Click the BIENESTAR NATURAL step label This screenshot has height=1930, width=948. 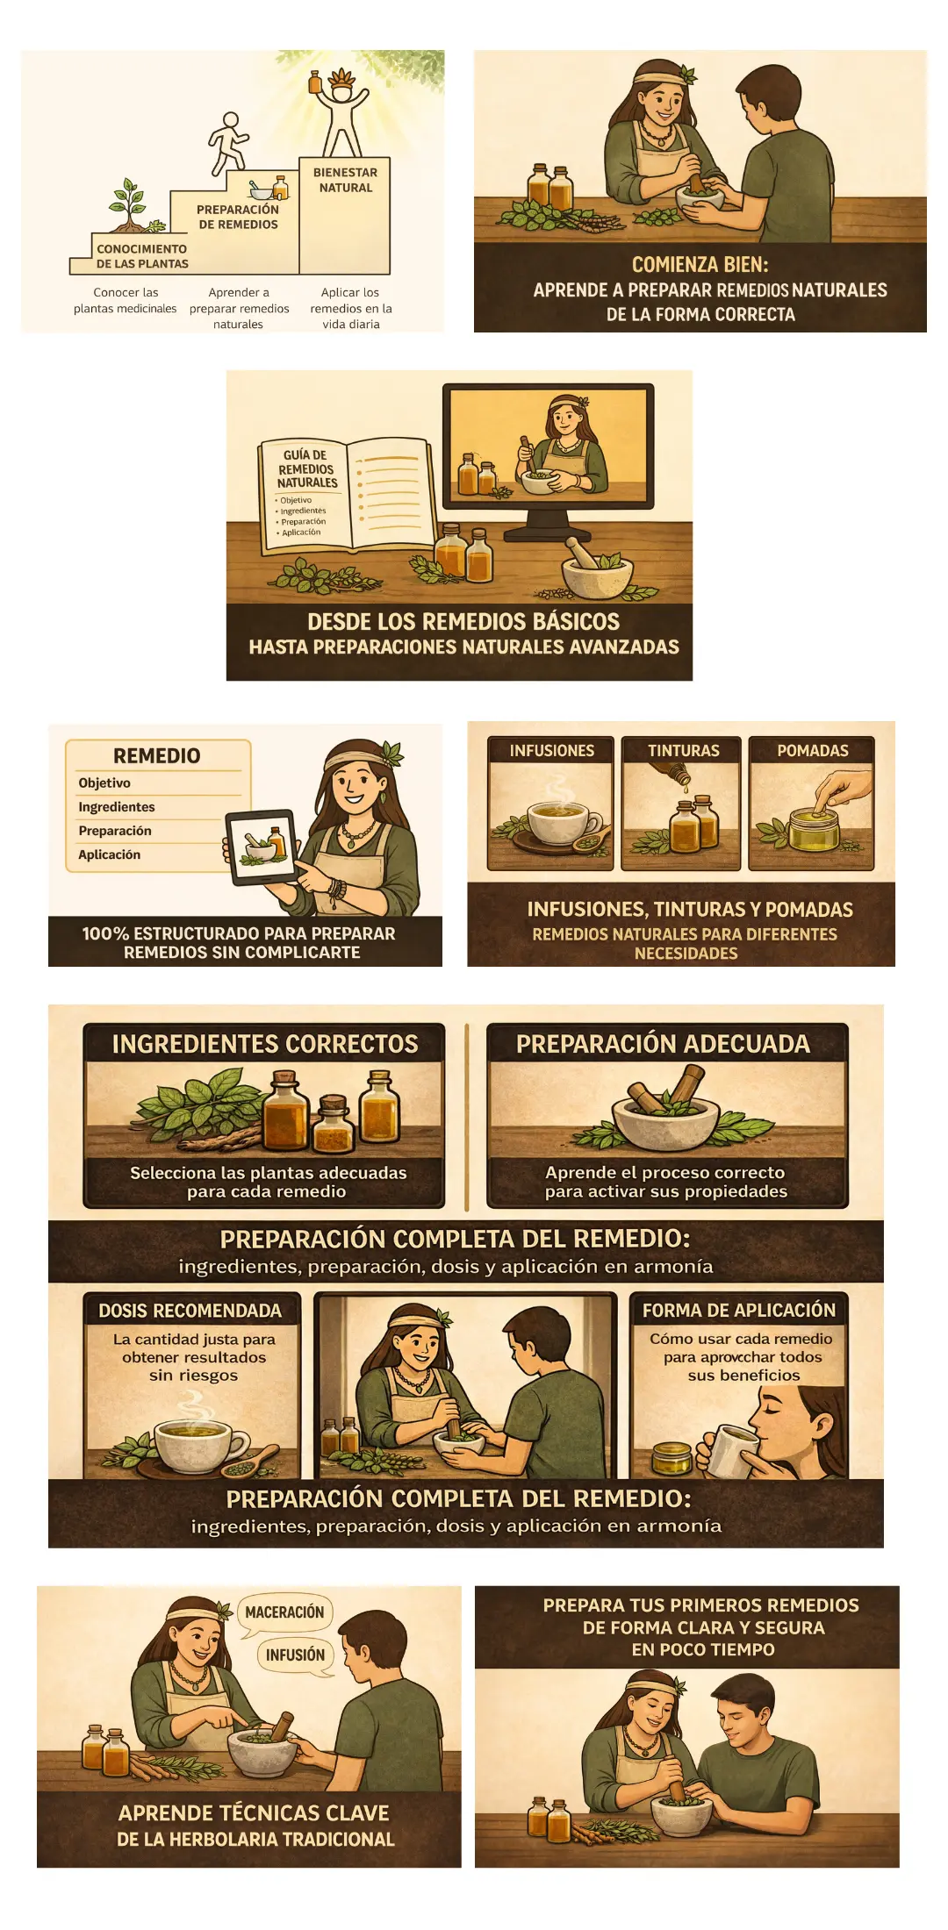point(346,180)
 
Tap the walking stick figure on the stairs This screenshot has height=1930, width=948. point(227,143)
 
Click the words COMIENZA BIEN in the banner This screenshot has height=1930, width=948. point(700,264)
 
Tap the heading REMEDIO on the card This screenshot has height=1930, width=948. point(157,755)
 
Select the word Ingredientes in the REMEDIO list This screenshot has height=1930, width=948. point(116,807)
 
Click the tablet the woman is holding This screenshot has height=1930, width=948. point(261,847)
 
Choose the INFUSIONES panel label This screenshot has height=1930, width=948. point(552,751)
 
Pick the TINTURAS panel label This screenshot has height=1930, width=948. point(683,751)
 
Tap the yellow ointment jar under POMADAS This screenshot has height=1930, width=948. point(813,828)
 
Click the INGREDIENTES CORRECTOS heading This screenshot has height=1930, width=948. point(265,1044)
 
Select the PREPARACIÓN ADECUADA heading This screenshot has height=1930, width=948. point(663,1044)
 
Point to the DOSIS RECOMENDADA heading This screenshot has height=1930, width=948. point(190,1311)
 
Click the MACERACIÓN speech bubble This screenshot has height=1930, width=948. point(284,1612)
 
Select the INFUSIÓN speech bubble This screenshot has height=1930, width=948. point(296,1655)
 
